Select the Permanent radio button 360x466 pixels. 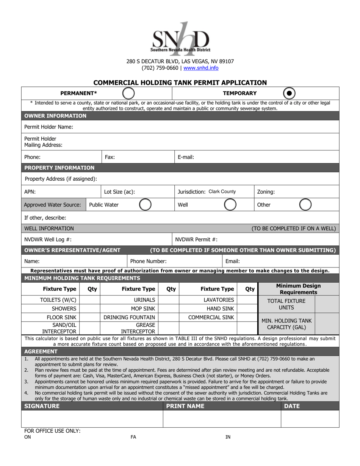pyautogui.click(x=128, y=93)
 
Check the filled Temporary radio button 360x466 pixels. pyautogui.click(x=289, y=93)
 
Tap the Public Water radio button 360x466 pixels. pyautogui.click(x=145, y=205)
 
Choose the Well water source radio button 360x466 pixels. pyautogui.click(x=230, y=205)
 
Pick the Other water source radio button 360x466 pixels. pyautogui.click(x=305, y=205)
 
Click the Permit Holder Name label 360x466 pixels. pyautogui.click(x=49, y=127)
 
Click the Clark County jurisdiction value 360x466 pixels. pyautogui.click(x=222, y=192)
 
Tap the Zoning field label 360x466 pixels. pyautogui.click(x=266, y=192)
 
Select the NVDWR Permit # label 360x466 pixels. pyautogui.click(x=196, y=239)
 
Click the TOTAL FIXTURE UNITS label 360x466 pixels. pyautogui.click(x=286, y=304)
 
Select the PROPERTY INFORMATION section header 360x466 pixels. pyautogui.click(x=59, y=168)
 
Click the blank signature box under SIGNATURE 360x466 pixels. pyautogui.click(x=92, y=419)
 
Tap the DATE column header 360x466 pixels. pyautogui.click(x=292, y=406)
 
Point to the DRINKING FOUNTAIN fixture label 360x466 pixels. pyautogui.click(x=129, y=317)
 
